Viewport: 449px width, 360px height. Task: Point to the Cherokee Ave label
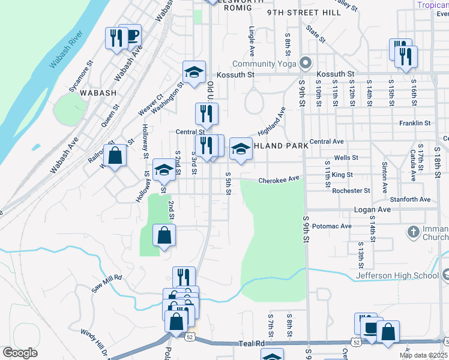[279, 179]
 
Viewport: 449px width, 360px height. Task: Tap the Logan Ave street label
[372, 209]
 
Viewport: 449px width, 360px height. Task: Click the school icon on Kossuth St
[194, 73]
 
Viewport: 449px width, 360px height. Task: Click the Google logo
[20, 353]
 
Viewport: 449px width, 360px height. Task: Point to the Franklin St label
[415, 123]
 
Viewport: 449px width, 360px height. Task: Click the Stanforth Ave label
[410, 199]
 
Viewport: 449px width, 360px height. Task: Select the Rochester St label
[351, 190]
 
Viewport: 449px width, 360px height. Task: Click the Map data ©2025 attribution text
[423, 355]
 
